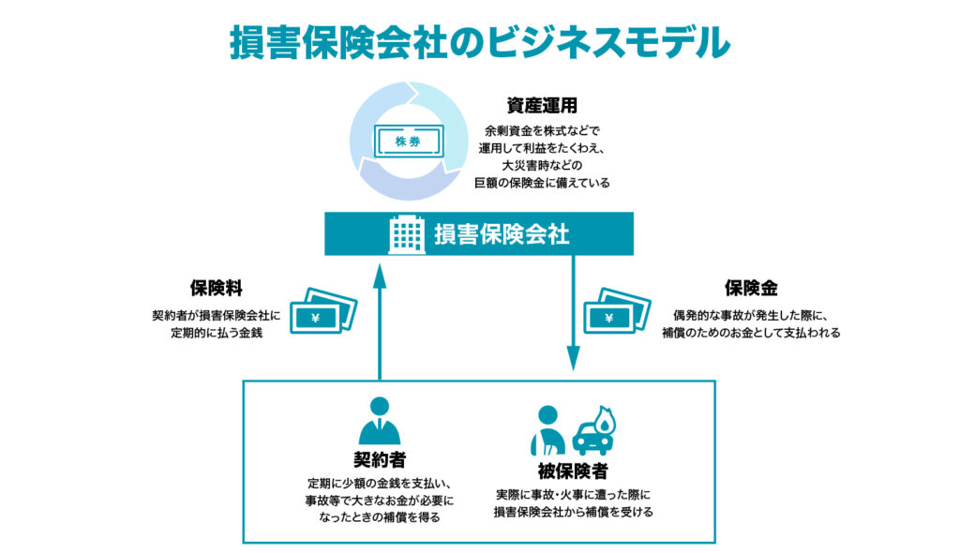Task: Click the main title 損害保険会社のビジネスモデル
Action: click(479, 42)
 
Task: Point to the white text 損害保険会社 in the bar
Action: click(502, 234)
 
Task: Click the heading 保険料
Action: click(217, 291)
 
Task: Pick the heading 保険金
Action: click(751, 291)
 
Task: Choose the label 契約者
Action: click(379, 460)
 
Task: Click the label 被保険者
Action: click(573, 471)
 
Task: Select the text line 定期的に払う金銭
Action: click(217, 333)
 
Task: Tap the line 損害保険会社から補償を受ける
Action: click(573, 512)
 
